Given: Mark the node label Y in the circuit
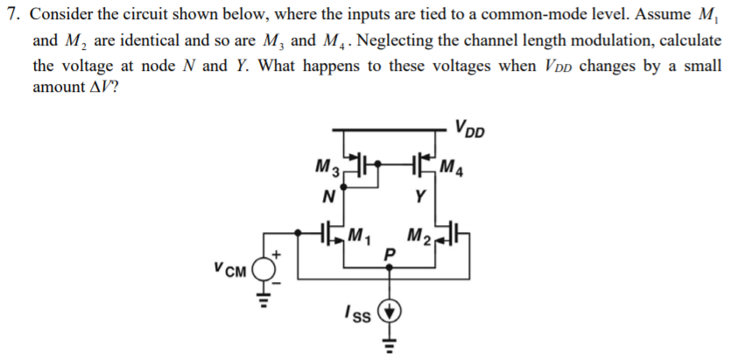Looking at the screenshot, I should (x=421, y=197).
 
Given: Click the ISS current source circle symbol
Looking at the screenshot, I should (x=391, y=311).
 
